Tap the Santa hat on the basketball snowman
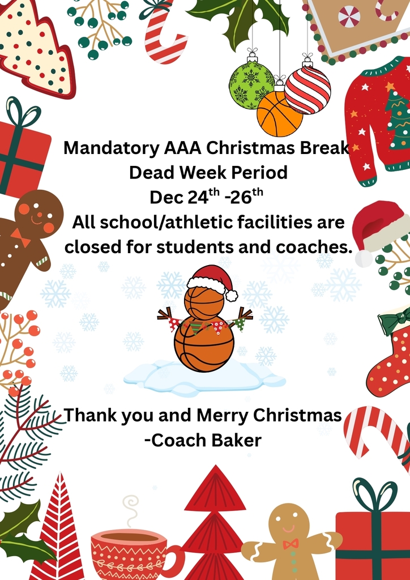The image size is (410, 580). click(212, 279)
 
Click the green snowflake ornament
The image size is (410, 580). click(251, 85)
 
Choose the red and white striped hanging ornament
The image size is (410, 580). click(308, 89)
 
